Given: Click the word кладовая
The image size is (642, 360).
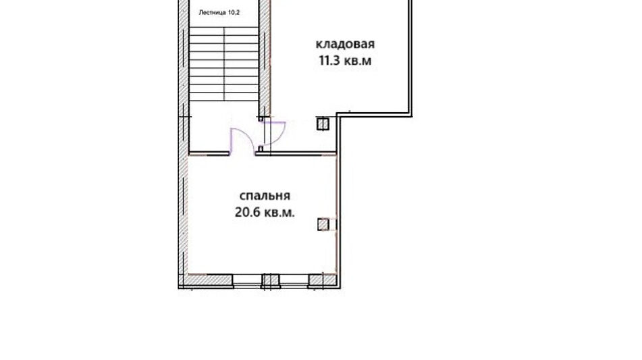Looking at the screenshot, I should tap(345, 45).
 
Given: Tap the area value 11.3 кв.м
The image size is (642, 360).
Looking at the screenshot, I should tap(345, 61).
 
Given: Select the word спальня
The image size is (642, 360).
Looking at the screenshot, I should tap(264, 196).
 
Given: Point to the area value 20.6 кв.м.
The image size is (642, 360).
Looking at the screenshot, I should tap(264, 211).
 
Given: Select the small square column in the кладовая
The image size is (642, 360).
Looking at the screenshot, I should tap(323, 124).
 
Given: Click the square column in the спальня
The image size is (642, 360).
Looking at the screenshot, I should tap(323, 224).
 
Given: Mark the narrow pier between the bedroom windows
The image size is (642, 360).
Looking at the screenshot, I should tap(269, 279).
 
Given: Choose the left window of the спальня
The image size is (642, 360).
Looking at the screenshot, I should tap(247, 279).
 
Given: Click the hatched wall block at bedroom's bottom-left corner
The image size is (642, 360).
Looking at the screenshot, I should tap(209, 279).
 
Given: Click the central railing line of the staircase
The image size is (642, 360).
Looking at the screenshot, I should tap(224, 64).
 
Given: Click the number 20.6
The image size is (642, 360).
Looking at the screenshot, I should tap(246, 211).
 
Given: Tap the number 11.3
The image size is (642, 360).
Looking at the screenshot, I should tap(330, 61).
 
